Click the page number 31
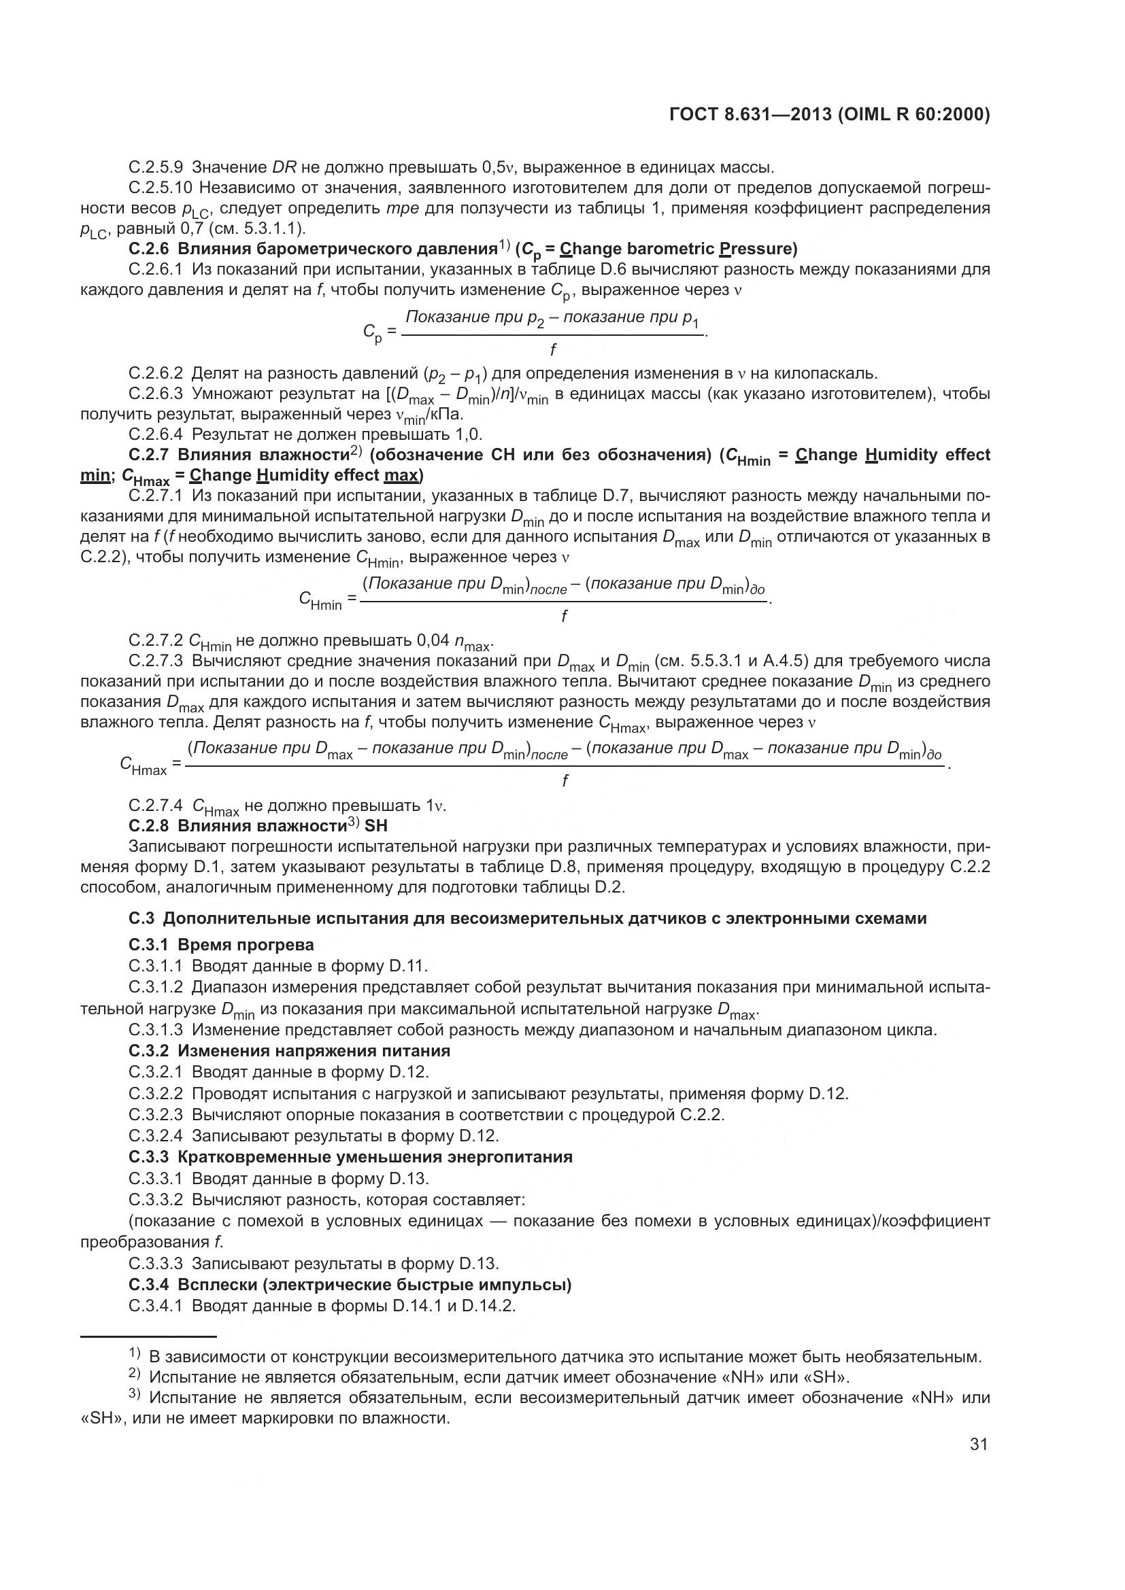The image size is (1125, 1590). click(x=978, y=1444)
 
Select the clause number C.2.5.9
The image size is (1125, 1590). click(x=156, y=167)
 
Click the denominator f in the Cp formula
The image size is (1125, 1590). click(x=552, y=349)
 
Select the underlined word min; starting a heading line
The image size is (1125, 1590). click(x=95, y=475)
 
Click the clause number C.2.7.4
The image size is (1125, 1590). click(x=156, y=806)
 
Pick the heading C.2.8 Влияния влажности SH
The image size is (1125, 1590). click(x=258, y=825)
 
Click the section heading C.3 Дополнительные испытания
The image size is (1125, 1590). click(x=527, y=918)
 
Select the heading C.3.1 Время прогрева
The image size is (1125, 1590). click(x=221, y=945)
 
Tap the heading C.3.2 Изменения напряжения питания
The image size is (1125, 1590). click(x=289, y=1050)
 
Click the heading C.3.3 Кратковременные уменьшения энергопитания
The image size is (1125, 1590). click(x=350, y=1157)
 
